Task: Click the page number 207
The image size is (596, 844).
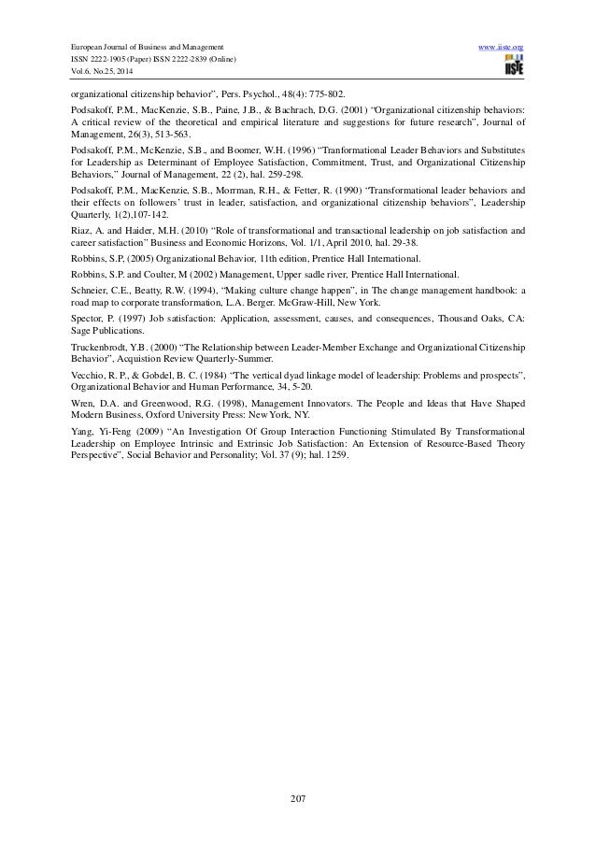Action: [298, 798]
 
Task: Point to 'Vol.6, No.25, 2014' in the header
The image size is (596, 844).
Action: [99, 74]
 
